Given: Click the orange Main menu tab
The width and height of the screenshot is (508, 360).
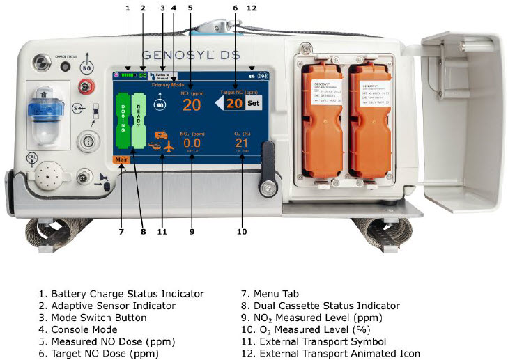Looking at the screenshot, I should point(122,160).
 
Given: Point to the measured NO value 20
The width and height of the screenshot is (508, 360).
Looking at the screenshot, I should point(192,104).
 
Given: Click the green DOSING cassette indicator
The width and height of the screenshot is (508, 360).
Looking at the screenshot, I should point(123,120).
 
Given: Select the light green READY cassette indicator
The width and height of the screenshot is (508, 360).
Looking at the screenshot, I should point(139,120).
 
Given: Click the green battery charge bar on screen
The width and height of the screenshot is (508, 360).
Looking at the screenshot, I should point(129,74).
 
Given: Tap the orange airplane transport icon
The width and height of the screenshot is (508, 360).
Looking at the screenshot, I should point(169,146).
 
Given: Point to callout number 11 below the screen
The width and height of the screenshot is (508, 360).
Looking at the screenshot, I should point(162,231).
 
